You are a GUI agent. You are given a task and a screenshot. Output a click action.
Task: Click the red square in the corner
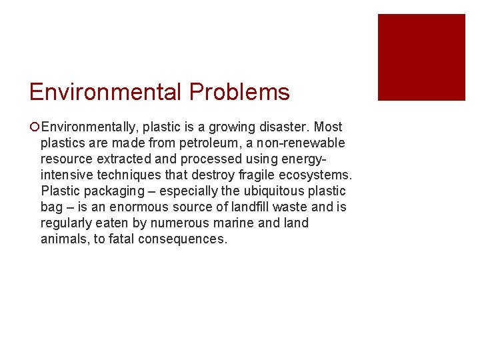pos(421,57)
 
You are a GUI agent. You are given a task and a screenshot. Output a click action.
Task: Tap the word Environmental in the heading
pos(106,92)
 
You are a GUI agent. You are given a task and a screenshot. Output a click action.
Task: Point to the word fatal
pos(120,239)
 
